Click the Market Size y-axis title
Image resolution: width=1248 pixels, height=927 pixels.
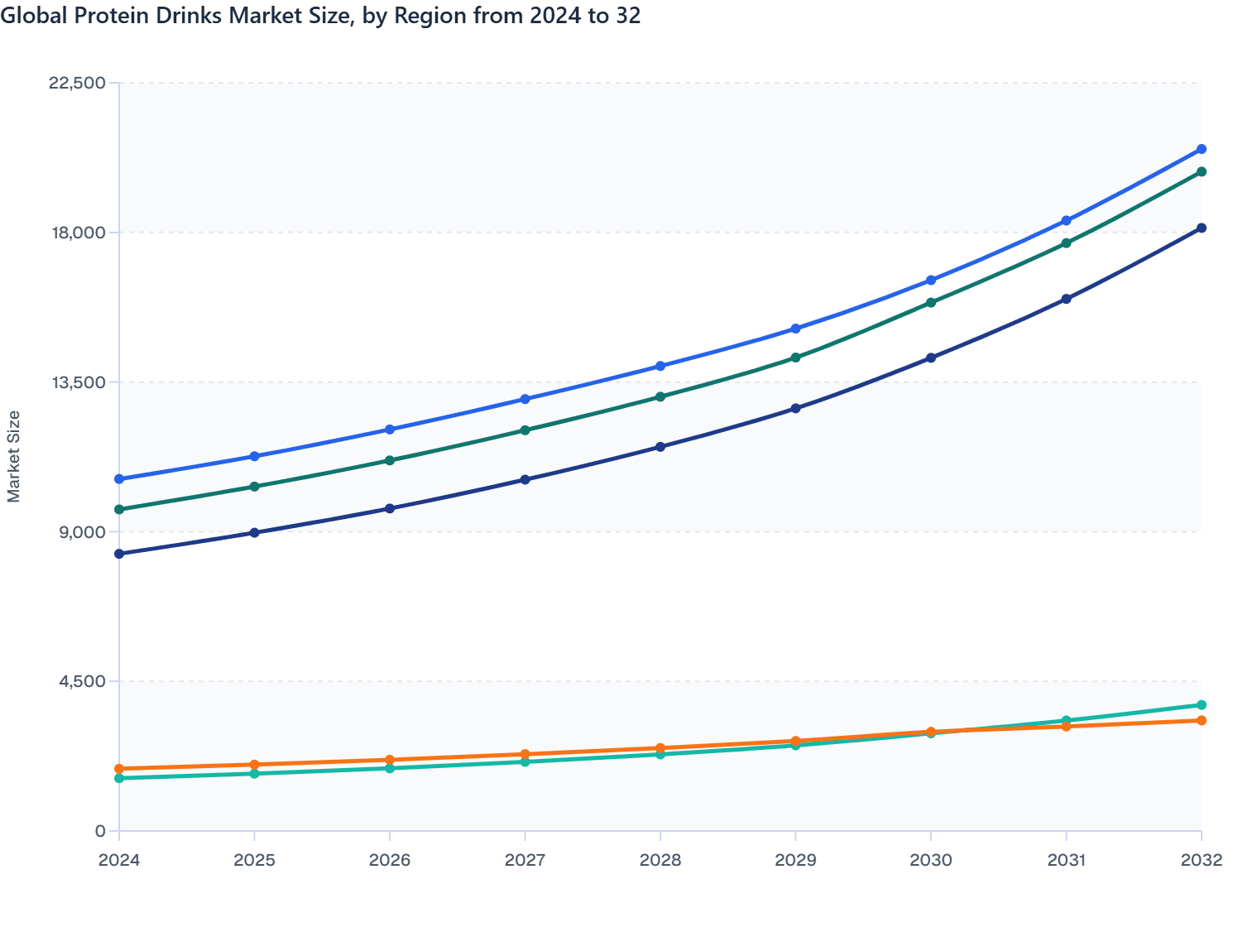pyautogui.click(x=14, y=456)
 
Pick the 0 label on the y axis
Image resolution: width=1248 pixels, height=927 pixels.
pyautogui.click(x=100, y=831)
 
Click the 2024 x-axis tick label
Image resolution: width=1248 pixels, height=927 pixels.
pyautogui.click(x=119, y=860)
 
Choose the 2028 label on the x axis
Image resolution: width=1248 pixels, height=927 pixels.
pyautogui.click(x=660, y=860)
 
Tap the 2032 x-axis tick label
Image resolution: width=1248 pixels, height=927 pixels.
pyautogui.click(x=1202, y=860)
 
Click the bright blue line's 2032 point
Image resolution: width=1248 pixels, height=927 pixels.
pyautogui.click(x=1202, y=149)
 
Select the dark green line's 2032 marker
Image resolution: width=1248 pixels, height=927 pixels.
pyautogui.click(x=1202, y=172)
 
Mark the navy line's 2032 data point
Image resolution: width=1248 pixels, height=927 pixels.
pyautogui.click(x=1202, y=228)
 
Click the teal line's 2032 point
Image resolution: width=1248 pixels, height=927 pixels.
pyautogui.click(x=1202, y=705)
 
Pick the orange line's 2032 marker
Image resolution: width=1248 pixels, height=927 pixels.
pyautogui.click(x=1202, y=721)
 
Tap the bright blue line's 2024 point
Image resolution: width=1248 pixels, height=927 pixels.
pyautogui.click(x=119, y=479)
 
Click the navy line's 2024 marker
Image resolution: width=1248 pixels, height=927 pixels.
pyautogui.click(x=119, y=554)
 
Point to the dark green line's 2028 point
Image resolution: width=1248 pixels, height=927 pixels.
pyautogui.click(x=660, y=396)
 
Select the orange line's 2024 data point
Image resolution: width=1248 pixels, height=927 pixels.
pyautogui.click(x=119, y=769)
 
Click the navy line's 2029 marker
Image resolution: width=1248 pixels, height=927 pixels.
pyautogui.click(x=795, y=409)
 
